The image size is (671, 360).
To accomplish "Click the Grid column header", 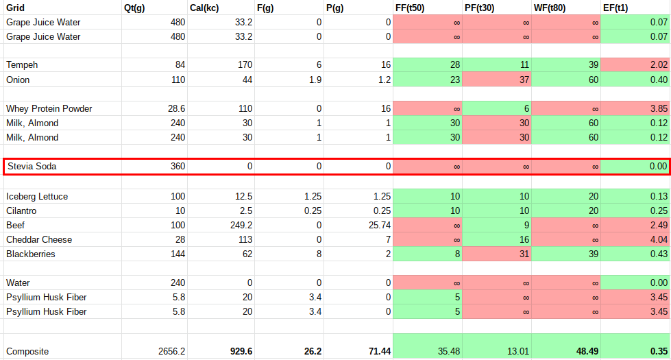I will point(16,8).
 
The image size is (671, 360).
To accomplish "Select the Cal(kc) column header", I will point(204,8).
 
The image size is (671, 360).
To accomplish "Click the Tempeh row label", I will point(22,65).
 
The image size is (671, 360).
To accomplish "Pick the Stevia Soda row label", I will point(32,166).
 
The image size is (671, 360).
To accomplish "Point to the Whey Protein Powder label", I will point(49,108).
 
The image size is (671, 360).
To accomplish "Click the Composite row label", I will point(27,351).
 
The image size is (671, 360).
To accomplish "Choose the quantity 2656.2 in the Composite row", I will point(170,351).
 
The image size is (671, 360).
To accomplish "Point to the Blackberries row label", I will point(31,254).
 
